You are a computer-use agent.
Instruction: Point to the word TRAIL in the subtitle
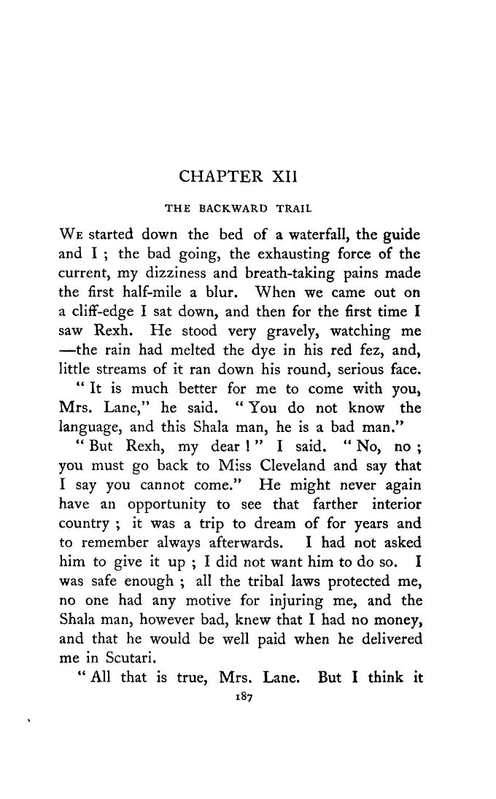pyautogui.click(x=294, y=209)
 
